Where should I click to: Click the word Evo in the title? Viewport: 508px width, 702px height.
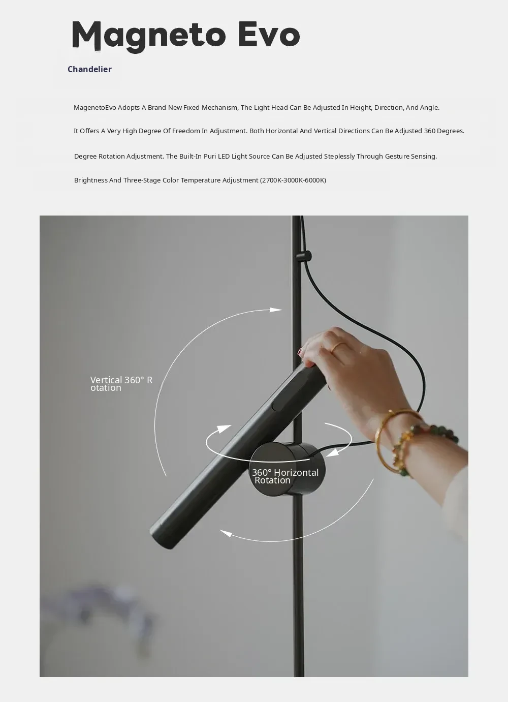point(269,35)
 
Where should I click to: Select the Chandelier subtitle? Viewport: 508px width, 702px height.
point(89,69)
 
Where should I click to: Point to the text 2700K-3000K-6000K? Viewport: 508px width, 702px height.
point(293,180)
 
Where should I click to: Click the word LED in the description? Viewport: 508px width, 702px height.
point(224,156)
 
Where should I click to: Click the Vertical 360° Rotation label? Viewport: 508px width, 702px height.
point(121,384)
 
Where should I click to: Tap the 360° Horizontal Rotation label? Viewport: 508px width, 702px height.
point(285,476)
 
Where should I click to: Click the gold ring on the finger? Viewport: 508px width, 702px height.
point(338,346)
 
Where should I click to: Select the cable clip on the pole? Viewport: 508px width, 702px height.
point(304,256)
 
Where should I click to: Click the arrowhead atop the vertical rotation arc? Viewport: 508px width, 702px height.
point(276,310)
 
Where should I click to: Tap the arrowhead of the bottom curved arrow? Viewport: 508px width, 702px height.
point(226,533)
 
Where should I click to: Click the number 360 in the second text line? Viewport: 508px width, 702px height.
point(429,131)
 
